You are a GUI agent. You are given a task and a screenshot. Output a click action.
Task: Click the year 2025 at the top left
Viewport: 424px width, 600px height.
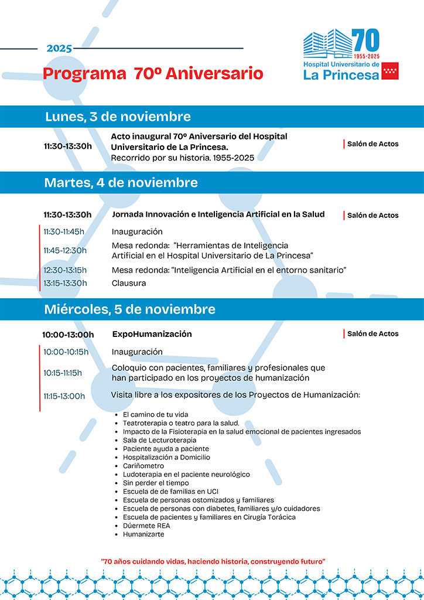(59, 49)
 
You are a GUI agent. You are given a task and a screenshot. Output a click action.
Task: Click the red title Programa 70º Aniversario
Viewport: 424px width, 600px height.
(153, 74)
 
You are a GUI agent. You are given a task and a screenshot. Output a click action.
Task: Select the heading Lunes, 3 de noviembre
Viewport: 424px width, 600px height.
(118, 117)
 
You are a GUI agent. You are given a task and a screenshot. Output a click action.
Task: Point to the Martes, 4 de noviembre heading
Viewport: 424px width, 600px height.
(121, 183)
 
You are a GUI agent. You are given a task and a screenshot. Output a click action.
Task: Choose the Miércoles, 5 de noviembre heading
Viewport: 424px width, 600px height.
(129, 309)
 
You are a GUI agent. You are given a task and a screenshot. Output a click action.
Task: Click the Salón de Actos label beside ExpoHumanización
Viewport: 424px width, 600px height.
(372, 334)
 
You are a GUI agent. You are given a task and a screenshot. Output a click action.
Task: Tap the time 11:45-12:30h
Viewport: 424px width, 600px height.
(65, 250)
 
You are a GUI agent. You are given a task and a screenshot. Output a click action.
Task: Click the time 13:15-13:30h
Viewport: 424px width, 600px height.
(65, 283)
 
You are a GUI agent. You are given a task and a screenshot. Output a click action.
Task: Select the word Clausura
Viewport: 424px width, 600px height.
(129, 283)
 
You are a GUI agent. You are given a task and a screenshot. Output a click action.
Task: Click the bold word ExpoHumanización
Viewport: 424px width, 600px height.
(152, 334)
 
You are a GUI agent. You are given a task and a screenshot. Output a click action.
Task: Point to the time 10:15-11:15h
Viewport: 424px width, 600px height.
(63, 373)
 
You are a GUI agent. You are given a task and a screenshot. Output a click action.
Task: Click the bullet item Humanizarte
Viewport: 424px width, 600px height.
(143, 534)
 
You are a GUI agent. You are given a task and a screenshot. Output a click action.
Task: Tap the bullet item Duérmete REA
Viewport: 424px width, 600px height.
(146, 526)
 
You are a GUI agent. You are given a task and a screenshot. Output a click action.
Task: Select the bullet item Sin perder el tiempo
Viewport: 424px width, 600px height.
(156, 483)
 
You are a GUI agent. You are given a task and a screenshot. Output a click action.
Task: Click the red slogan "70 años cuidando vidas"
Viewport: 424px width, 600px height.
(213, 561)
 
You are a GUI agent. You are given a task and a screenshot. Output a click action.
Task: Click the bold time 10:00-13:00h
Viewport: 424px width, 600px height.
(68, 335)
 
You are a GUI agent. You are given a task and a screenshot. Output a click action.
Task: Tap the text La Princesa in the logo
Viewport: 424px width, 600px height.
(341, 74)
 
